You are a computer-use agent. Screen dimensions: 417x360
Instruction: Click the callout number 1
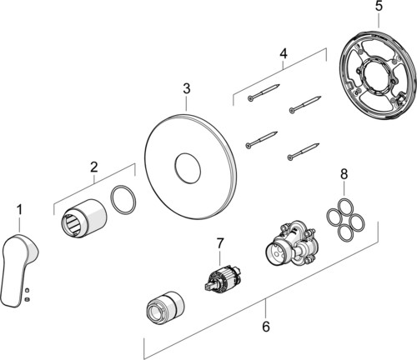[19, 210]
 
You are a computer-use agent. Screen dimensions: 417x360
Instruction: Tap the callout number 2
[94, 167]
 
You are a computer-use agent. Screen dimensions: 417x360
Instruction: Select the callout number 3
[187, 88]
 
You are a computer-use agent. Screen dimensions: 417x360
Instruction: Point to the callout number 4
[283, 53]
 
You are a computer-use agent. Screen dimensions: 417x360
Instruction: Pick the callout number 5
[379, 6]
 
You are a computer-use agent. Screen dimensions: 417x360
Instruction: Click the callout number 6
[266, 327]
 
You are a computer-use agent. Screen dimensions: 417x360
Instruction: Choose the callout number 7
[220, 243]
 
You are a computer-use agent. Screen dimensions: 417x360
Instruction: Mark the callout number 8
[344, 174]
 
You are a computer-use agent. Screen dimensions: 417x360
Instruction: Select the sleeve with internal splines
[84, 220]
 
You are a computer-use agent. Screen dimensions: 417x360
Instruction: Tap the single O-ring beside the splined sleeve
[123, 200]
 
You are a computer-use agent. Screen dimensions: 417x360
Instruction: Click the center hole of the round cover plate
[188, 168]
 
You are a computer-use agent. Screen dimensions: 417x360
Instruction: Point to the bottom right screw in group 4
[304, 152]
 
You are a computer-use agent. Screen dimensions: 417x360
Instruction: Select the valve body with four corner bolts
[291, 242]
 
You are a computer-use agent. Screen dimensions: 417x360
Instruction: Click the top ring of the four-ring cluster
[344, 207]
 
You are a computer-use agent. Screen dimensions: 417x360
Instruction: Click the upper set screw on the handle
[27, 291]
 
